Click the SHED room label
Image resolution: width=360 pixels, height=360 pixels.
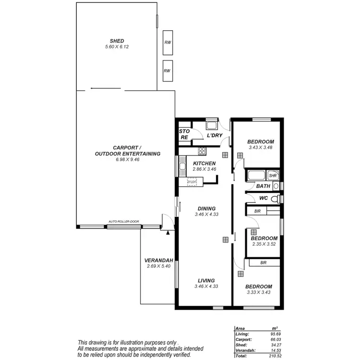pyautogui.click(x=117, y=41)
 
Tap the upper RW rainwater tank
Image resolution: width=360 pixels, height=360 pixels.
pyautogui.click(x=167, y=42)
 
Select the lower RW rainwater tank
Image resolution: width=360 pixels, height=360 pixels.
pyautogui.click(x=167, y=71)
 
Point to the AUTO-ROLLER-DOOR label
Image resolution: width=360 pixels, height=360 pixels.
pyautogui.click(x=124, y=222)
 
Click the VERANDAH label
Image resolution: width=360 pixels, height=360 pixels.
pyautogui.click(x=158, y=261)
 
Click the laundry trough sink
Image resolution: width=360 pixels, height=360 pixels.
pyautogui.click(x=211, y=126)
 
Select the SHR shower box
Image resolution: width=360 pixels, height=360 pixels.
pyautogui.click(x=272, y=176)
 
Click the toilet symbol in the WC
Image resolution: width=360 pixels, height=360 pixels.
pyautogui.click(x=275, y=198)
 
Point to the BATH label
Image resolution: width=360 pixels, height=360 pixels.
pyautogui.click(x=263, y=186)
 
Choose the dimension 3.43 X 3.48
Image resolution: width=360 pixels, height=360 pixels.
pyautogui.click(x=261, y=147)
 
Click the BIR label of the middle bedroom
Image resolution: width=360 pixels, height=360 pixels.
pyautogui.click(x=257, y=211)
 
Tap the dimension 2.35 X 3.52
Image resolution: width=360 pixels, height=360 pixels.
pyautogui.click(x=264, y=244)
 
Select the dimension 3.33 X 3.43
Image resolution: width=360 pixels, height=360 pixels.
pyautogui.click(x=259, y=292)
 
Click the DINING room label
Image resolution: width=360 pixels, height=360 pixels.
pyautogui.click(x=206, y=208)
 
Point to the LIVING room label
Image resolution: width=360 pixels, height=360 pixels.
pyautogui.click(x=206, y=280)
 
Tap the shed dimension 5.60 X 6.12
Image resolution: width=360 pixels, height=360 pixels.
pyautogui.click(x=117, y=47)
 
